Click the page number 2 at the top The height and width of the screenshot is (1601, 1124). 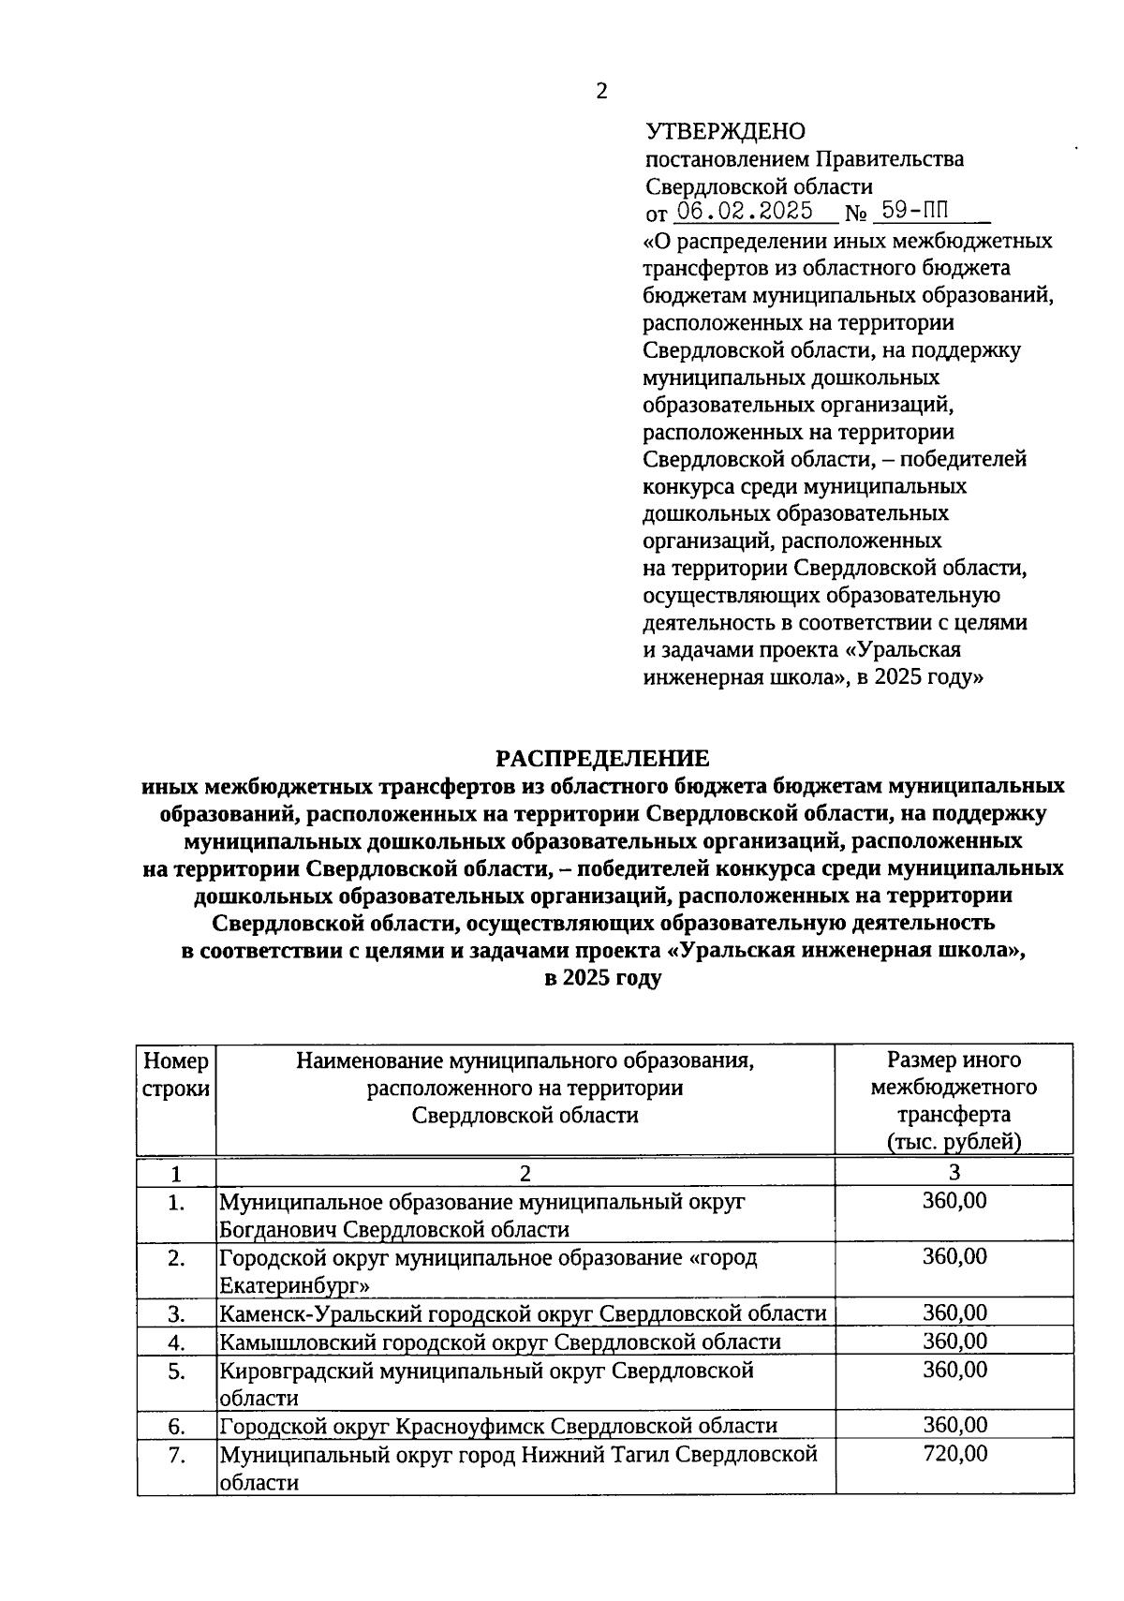click(601, 91)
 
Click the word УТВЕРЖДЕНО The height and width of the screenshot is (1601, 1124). click(725, 131)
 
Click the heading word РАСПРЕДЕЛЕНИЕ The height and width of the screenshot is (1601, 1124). click(602, 758)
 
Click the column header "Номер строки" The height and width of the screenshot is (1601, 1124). click(176, 1075)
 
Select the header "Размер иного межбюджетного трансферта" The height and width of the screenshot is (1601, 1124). click(954, 1088)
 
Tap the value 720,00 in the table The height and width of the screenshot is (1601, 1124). click(954, 1454)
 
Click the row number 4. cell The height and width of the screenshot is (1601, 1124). click(176, 1342)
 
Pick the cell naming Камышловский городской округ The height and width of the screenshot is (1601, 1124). click(499, 1342)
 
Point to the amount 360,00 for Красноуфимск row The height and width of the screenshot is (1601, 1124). click(954, 1425)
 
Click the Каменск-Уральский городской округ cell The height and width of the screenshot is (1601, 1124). click(523, 1313)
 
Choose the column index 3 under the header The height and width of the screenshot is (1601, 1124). click(954, 1172)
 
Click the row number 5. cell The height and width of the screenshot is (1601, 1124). click(176, 1371)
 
